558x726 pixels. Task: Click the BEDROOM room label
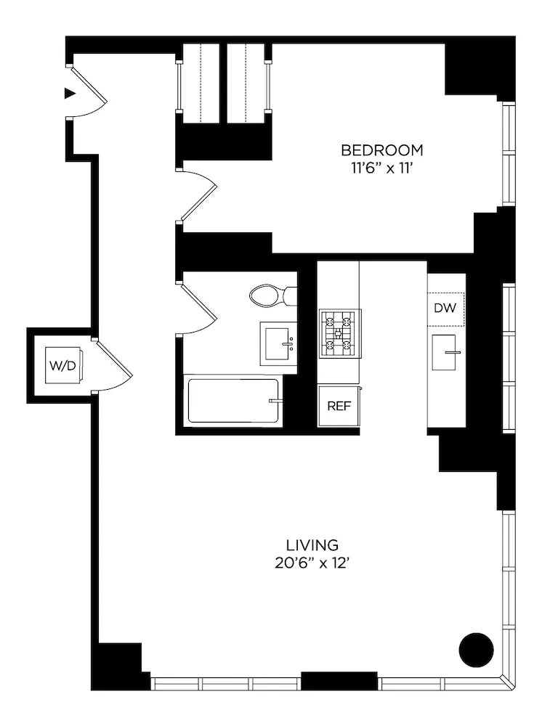point(382,150)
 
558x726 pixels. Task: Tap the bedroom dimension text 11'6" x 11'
point(382,167)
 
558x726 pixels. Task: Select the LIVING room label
point(312,544)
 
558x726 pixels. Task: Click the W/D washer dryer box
point(62,366)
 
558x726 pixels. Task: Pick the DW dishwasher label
point(445,309)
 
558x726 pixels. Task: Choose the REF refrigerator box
point(339,406)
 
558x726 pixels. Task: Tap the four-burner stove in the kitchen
point(339,334)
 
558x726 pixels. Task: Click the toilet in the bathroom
point(271,295)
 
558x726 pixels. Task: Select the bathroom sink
point(278,343)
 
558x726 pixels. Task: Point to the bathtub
point(233,401)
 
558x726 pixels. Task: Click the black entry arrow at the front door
point(70,93)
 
